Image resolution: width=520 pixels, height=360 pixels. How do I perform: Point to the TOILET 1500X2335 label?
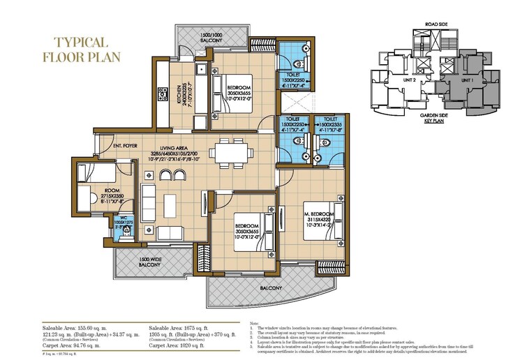point(326,123)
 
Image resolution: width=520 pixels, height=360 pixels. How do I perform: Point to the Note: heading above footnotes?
point(253,323)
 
